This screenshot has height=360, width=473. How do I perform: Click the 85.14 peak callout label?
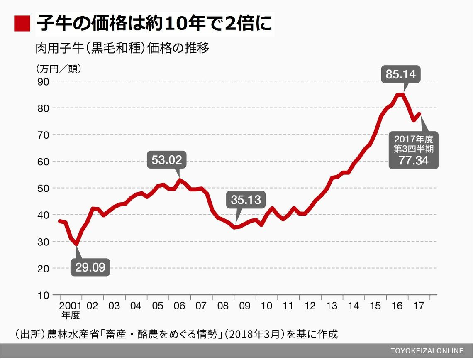point(400,75)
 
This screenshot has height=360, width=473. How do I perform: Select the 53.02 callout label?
point(166,160)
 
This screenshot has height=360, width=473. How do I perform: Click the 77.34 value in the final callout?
point(413,160)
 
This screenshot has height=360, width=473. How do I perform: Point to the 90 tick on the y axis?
point(44,81)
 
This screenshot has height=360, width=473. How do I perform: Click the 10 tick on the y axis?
point(44,295)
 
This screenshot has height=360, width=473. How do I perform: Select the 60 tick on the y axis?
point(44,162)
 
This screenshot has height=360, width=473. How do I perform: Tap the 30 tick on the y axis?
point(44,242)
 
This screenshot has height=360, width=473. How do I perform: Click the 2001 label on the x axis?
point(71,306)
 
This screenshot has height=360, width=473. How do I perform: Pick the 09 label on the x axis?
point(245,306)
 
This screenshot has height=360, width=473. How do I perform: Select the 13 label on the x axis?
point(332,306)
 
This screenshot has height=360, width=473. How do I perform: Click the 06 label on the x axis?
point(179,306)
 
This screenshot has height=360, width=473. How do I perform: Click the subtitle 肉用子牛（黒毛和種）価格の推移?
point(122,48)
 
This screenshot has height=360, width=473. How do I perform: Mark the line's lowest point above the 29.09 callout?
point(76,244)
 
